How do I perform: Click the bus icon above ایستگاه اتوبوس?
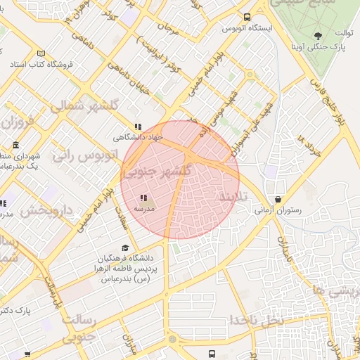click(247, 17)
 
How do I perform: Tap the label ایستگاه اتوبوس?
click(243, 28)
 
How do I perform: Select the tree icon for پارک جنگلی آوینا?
click(319, 35)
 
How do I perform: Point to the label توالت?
click(342, 33)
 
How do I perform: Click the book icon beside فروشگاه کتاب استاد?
click(41, 54)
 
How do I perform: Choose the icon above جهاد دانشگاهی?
click(135, 127)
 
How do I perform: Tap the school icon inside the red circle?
click(143, 198)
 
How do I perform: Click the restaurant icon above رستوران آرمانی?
click(278, 199)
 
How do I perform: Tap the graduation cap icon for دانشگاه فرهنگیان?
click(125, 247)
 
